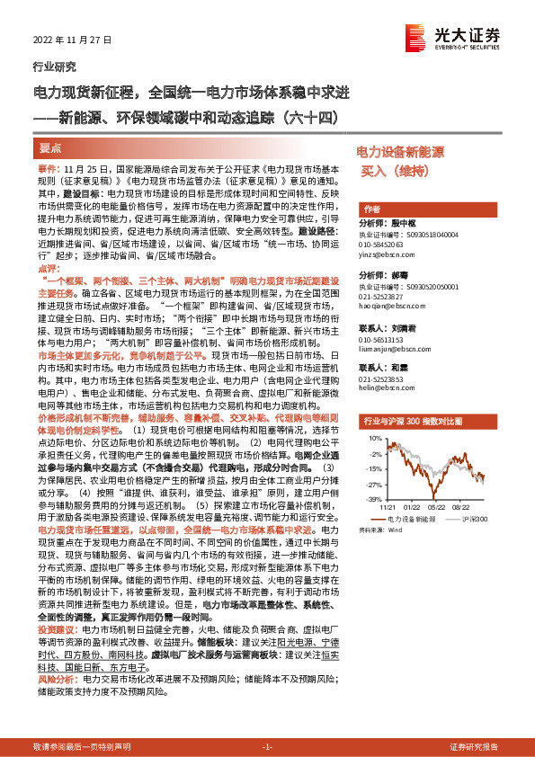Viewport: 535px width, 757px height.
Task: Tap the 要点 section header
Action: pyautogui.click(x=51, y=147)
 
